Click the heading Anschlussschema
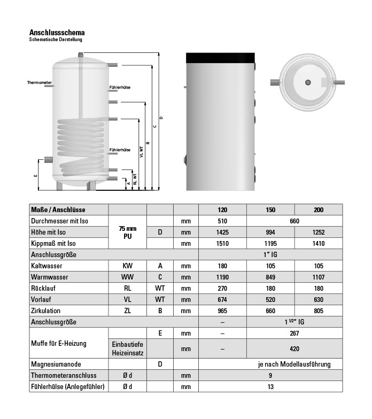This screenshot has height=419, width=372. (x=57, y=33)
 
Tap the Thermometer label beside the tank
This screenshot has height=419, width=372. (x=40, y=83)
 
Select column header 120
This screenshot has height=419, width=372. (x=222, y=210)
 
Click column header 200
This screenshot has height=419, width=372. (x=319, y=210)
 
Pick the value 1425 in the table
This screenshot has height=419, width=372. (x=222, y=232)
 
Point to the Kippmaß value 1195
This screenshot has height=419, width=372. (x=270, y=244)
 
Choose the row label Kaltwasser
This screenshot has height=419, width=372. (x=46, y=266)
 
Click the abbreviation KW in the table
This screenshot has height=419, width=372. (x=127, y=266)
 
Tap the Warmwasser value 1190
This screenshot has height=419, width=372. (x=222, y=277)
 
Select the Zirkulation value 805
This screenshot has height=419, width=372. (x=319, y=311)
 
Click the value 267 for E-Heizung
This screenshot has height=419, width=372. (x=294, y=333)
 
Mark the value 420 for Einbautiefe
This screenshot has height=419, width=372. (x=294, y=348)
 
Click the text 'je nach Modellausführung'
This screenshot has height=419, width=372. (x=294, y=364)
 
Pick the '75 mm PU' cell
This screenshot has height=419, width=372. (x=127, y=232)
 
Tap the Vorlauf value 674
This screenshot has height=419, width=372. (x=222, y=299)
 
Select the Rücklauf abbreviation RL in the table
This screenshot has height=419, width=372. (x=127, y=288)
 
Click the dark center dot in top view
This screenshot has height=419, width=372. (x=308, y=82)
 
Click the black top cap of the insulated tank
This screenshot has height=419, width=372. (x=220, y=56)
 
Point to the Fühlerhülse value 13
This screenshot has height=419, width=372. (x=270, y=386)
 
